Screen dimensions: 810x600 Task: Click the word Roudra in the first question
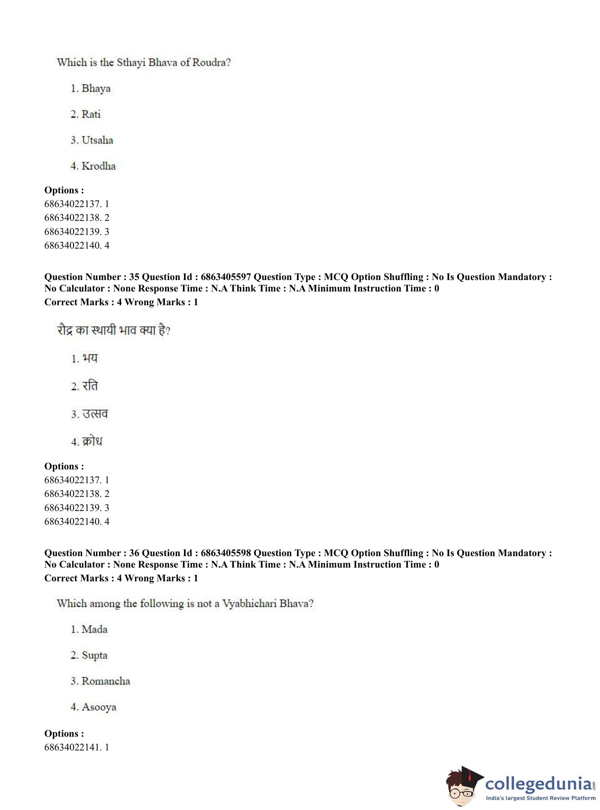211,62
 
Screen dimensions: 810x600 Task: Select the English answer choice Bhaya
96,88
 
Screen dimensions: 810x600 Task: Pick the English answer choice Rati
91,114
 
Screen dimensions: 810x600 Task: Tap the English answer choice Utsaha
97,140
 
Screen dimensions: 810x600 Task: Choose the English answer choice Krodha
98,166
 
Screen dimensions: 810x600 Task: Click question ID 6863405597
225,277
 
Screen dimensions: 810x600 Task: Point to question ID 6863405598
225,553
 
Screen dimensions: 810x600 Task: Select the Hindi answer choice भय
90,359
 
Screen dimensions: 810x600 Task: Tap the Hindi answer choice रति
90,386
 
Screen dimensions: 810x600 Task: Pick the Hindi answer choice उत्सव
95,414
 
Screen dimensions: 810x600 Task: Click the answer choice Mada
94,629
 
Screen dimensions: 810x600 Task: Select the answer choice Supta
94,656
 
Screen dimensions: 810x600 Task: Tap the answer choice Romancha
106,681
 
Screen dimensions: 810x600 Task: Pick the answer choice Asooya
99,707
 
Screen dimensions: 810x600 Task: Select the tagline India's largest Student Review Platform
541,798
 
